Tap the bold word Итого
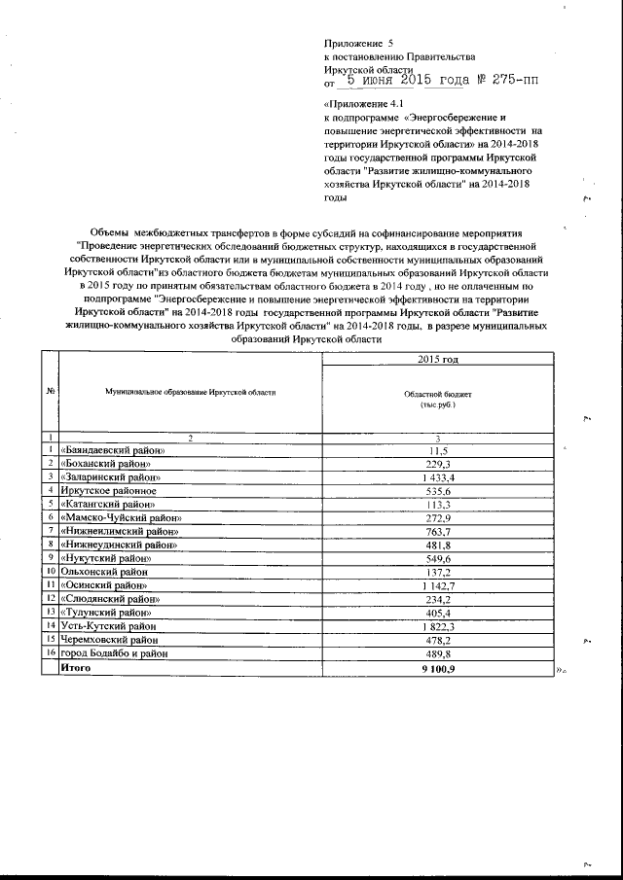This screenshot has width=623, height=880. pyautogui.click(x=77, y=669)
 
